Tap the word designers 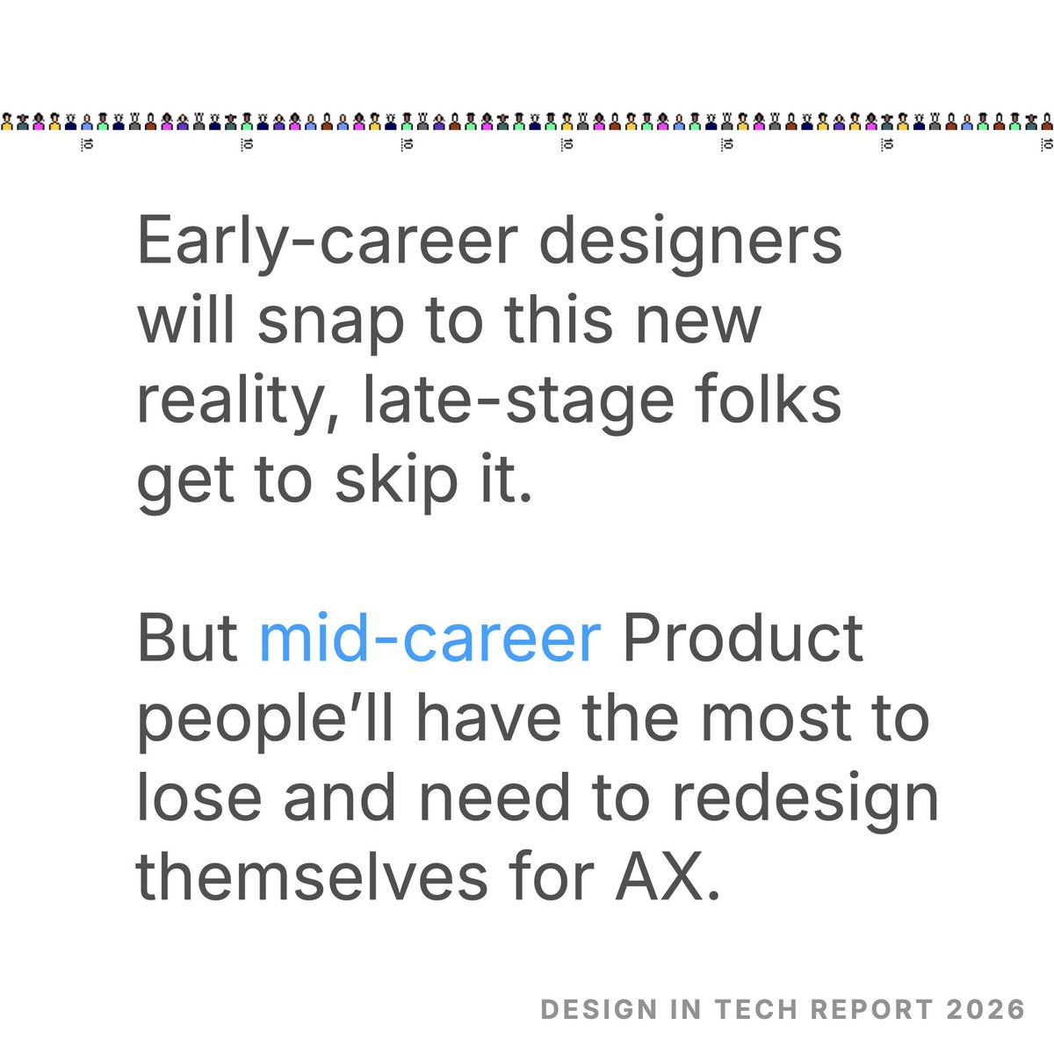click(690, 242)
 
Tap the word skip click(389, 481)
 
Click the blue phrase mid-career click(430, 639)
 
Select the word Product click(743, 639)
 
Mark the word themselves click(311, 877)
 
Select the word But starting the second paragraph click(187, 639)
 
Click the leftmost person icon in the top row click(7, 121)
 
